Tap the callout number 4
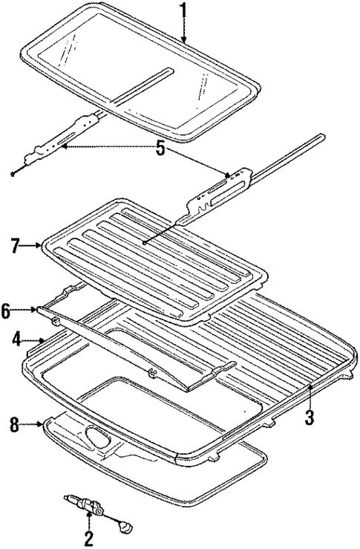[x=16, y=341]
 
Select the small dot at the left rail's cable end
[x=14, y=174]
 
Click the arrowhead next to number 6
[x=37, y=309]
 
